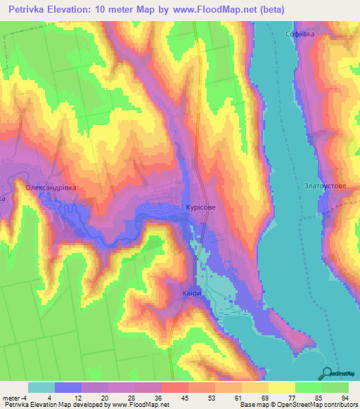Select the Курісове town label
pos(200,208)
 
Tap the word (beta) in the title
pos(297,10)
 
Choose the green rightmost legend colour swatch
pos(335,387)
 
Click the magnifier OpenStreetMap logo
pos(328,372)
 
